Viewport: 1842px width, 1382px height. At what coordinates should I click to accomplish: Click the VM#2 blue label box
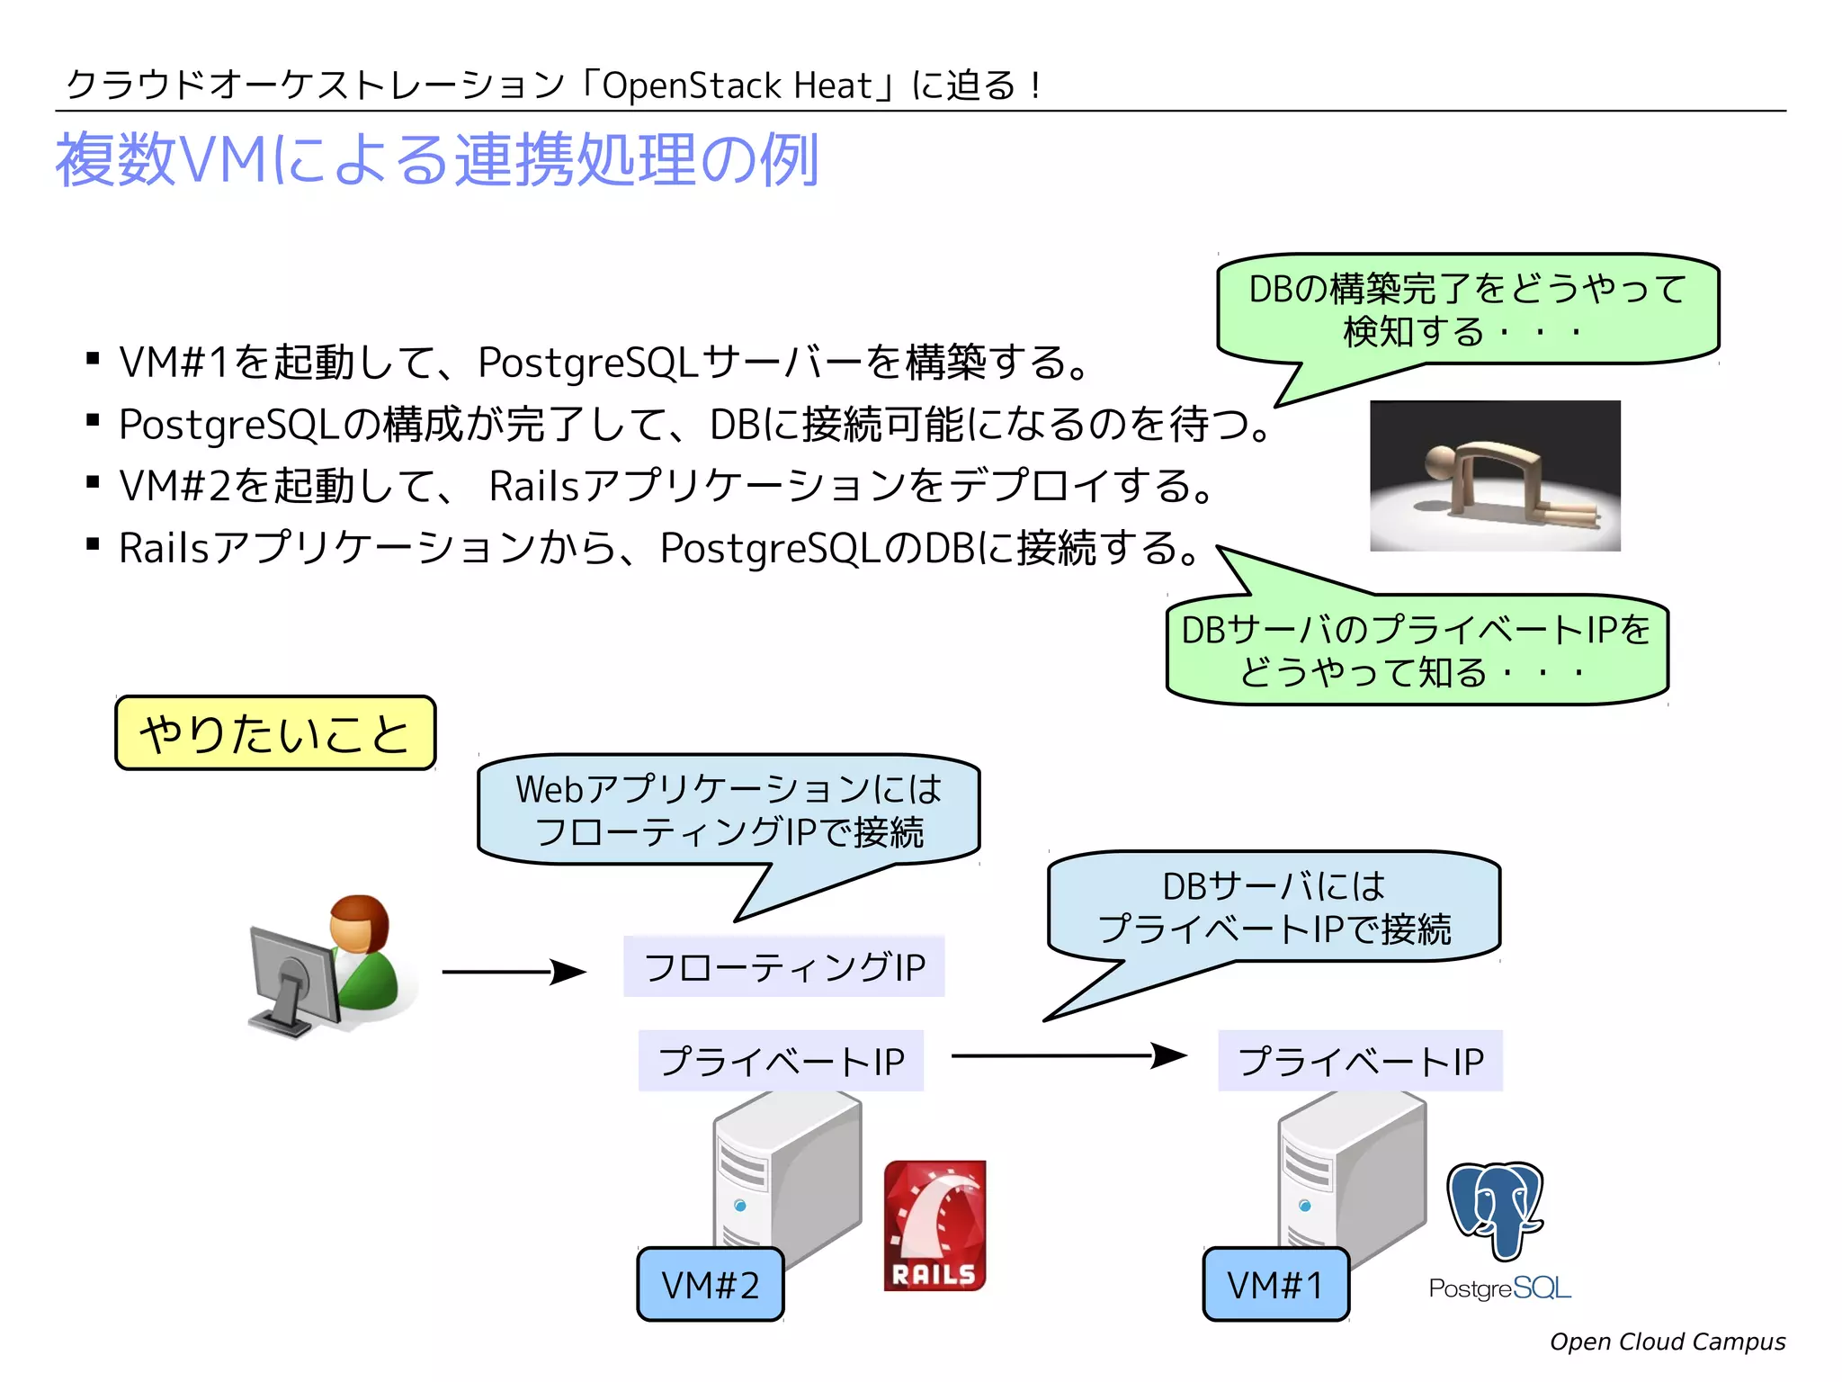(710, 1284)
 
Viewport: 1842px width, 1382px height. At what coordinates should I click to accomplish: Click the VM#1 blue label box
(1275, 1284)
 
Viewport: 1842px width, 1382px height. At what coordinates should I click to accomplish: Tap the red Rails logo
(934, 1225)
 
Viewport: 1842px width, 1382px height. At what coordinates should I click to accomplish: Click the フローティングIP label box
(783, 967)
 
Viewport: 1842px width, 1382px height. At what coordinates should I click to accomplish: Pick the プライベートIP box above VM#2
(781, 1061)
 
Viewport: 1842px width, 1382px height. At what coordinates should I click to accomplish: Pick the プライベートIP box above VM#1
(1360, 1061)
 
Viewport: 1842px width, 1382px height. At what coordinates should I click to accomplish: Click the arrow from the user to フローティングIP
(513, 972)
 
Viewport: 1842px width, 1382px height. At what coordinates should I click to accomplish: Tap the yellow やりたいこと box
(275, 733)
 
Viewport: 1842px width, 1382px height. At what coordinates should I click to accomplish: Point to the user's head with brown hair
(359, 922)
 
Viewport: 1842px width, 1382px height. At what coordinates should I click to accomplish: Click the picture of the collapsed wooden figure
(1495, 476)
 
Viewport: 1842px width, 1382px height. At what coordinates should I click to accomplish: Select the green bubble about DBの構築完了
(1468, 310)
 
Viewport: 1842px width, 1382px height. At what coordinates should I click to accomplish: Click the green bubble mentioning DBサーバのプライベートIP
(1417, 651)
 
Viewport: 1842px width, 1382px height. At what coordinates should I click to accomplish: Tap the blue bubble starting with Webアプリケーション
(729, 810)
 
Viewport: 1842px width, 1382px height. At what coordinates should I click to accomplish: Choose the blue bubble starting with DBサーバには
(1274, 907)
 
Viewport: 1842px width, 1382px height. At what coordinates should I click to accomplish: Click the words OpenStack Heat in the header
(736, 86)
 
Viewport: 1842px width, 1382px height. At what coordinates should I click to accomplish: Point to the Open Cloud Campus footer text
(1667, 1342)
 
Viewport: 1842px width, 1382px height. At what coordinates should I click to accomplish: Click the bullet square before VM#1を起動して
(93, 360)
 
